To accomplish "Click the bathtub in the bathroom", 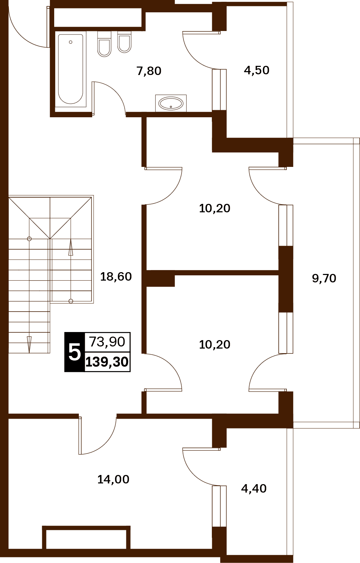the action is click(71, 69).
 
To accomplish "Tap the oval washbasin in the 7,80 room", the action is click(171, 103).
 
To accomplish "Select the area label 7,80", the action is click(149, 71).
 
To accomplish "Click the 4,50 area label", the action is click(257, 70).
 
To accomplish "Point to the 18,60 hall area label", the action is click(116, 277).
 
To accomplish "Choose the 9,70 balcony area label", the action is click(324, 279).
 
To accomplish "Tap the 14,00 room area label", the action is click(113, 480).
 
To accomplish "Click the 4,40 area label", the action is click(254, 489).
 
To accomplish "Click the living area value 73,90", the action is click(107, 342).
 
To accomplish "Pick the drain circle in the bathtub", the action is click(71, 42).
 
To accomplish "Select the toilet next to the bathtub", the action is click(104, 44).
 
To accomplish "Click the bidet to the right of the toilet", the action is click(124, 42).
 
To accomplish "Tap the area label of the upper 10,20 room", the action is click(215, 208).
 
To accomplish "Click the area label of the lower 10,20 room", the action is click(215, 345).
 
